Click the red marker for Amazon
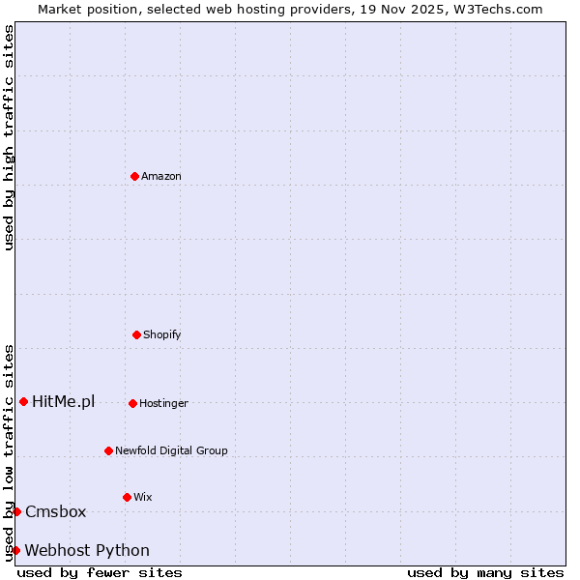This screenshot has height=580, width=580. click(x=134, y=176)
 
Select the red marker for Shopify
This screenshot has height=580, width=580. click(x=136, y=334)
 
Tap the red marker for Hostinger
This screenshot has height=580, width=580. click(x=132, y=403)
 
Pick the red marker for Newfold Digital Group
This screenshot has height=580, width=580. click(x=108, y=450)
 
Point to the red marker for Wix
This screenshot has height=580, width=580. click(x=127, y=497)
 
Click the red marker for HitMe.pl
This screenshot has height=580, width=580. click(x=23, y=401)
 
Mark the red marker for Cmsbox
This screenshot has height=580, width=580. click(x=16, y=511)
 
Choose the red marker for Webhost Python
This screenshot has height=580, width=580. click(x=15, y=550)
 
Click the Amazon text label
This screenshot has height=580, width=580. click(x=161, y=176)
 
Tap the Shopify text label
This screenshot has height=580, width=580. click(x=162, y=334)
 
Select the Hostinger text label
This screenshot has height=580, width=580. click(x=163, y=403)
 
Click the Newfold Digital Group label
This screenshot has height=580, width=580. click(x=171, y=450)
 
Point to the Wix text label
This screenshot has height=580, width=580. click(x=143, y=497)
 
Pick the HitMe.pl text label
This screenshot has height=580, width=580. click(x=64, y=401)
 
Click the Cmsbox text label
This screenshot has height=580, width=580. click(x=56, y=511)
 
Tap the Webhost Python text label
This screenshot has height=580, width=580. click(x=87, y=550)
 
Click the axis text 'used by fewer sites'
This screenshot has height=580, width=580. click(x=100, y=572)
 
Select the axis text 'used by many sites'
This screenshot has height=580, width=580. click(x=485, y=572)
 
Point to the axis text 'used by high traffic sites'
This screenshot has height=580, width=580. click(x=9, y=137)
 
